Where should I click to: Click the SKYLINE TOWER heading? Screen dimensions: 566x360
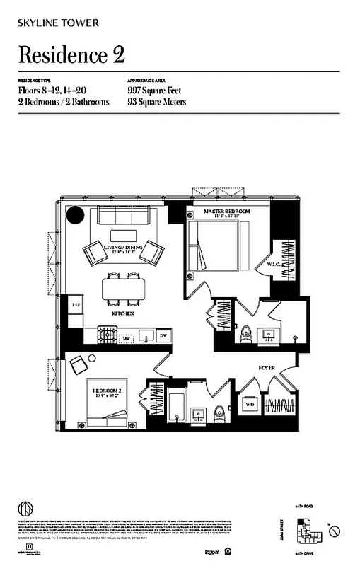tap(59, 23)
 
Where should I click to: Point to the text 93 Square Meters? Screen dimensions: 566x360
tap(157, 102)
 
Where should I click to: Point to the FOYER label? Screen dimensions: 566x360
tap(267, 367)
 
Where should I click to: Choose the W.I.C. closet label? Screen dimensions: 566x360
tap(274, 265)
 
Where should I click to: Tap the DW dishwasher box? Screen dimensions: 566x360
tap(163, 335)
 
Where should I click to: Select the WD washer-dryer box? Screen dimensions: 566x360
tap(249, 405)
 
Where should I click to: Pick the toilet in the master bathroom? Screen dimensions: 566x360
tap(247, 331)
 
